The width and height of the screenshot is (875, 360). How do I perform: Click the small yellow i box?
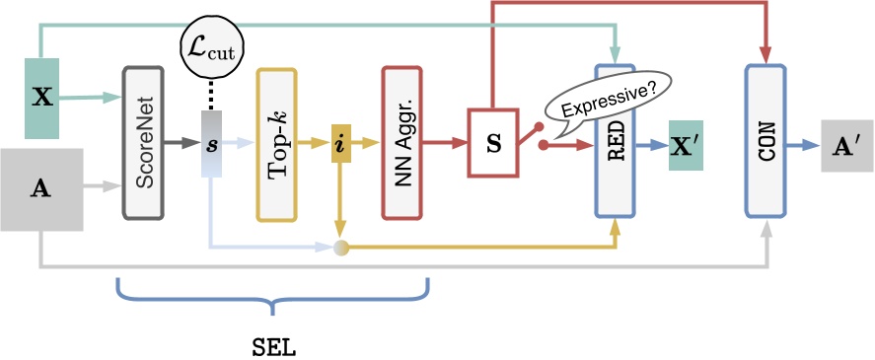pos(340,143)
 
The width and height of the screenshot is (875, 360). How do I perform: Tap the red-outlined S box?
pos(494,143)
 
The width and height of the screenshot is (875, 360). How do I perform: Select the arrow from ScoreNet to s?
pos(181,143)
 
